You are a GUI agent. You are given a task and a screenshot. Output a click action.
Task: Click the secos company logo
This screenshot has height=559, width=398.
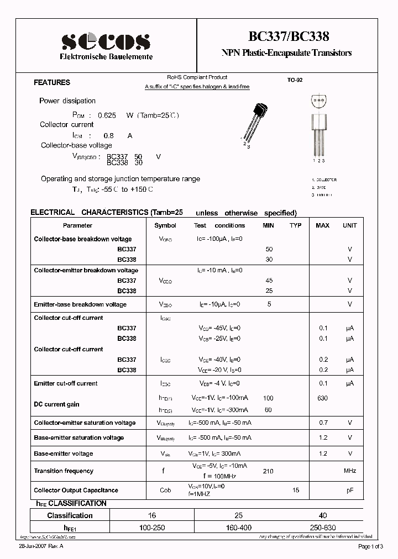[106, 41]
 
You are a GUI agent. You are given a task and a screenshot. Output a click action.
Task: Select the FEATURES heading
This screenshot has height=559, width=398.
[52, 82]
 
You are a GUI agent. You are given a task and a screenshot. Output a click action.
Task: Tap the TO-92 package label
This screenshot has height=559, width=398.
[295, 80]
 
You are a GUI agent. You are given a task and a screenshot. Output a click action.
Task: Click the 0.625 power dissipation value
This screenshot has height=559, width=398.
[107, 115]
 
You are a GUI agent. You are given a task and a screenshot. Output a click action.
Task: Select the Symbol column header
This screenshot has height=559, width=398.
[165, 225]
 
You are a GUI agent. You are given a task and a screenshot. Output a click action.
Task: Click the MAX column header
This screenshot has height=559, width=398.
[322, 225]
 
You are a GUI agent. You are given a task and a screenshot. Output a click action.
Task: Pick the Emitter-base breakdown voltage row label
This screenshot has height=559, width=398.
[80, 304]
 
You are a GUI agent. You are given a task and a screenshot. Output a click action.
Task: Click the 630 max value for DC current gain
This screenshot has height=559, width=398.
[322, 398]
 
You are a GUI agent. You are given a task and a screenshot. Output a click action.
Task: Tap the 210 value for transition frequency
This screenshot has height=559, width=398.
[268, 471]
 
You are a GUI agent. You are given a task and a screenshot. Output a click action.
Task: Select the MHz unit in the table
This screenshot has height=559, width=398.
[349, 471]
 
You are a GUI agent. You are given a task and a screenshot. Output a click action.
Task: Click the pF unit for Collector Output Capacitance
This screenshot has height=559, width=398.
[349, 491]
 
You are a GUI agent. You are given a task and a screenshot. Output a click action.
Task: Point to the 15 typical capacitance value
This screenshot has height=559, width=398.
[296, 491]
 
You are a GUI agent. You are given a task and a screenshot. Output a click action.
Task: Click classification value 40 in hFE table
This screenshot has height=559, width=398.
[322, 515]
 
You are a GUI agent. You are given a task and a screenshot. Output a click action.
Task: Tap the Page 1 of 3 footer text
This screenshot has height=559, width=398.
[374, 547]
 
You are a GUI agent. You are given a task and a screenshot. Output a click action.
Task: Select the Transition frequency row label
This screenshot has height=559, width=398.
[64, 471]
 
